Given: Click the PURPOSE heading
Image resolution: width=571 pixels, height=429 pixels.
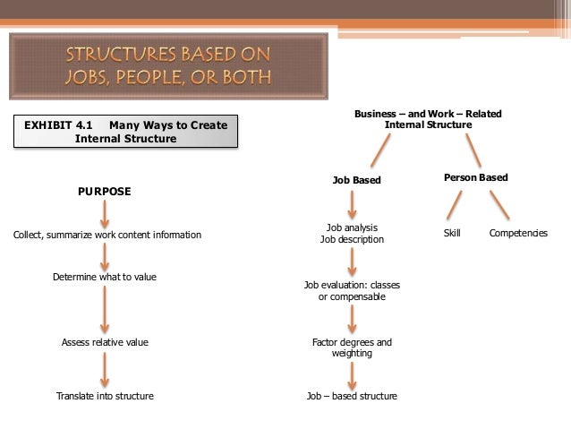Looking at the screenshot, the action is pyautogui.click(x=105, y=192).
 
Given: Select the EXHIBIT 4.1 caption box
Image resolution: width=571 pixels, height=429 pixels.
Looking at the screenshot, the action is pyautogui.click(x=126, y=132).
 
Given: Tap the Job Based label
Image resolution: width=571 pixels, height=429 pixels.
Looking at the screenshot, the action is pyautogui.click(x=356, y=180).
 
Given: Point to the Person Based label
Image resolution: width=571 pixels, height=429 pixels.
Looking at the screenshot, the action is pyautogui.click(x=475, y=177).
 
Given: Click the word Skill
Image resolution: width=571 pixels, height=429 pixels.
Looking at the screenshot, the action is pyautogui.click(x=452, y=233).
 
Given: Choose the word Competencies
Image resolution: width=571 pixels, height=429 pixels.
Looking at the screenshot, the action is pyautogui.click(x=518, y=233).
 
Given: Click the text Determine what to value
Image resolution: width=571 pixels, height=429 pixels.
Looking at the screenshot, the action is pyautogui.click(x=105, y=277).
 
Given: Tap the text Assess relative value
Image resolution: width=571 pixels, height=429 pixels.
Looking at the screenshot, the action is pyautogui.click(x=105, y=342).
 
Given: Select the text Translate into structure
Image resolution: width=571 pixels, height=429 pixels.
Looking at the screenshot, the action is pyautogui.click(x=105, y=396).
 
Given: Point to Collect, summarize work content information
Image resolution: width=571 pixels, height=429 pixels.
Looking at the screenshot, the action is pyautogui.click(x=107, y=235).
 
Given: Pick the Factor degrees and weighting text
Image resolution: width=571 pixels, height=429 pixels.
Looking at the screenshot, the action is pyautogui.click(x=352, y=347).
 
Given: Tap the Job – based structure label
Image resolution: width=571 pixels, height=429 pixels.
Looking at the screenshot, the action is pyautogui.click(x=352, y=396).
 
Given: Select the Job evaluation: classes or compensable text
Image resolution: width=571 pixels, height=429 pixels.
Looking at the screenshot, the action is pyautogui.click(x=352, y=291).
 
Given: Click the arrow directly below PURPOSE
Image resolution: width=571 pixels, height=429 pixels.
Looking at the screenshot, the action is pyautogui.click(x=105, y=213).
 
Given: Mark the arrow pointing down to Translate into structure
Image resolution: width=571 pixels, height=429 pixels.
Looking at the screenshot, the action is pyautogui.click(x=105, y=369).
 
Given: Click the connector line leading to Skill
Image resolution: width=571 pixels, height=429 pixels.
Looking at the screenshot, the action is pyautogui.click(x=455, y=205).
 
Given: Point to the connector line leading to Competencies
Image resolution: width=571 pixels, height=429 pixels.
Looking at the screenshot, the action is pyautogui.click(x=499, y=205).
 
